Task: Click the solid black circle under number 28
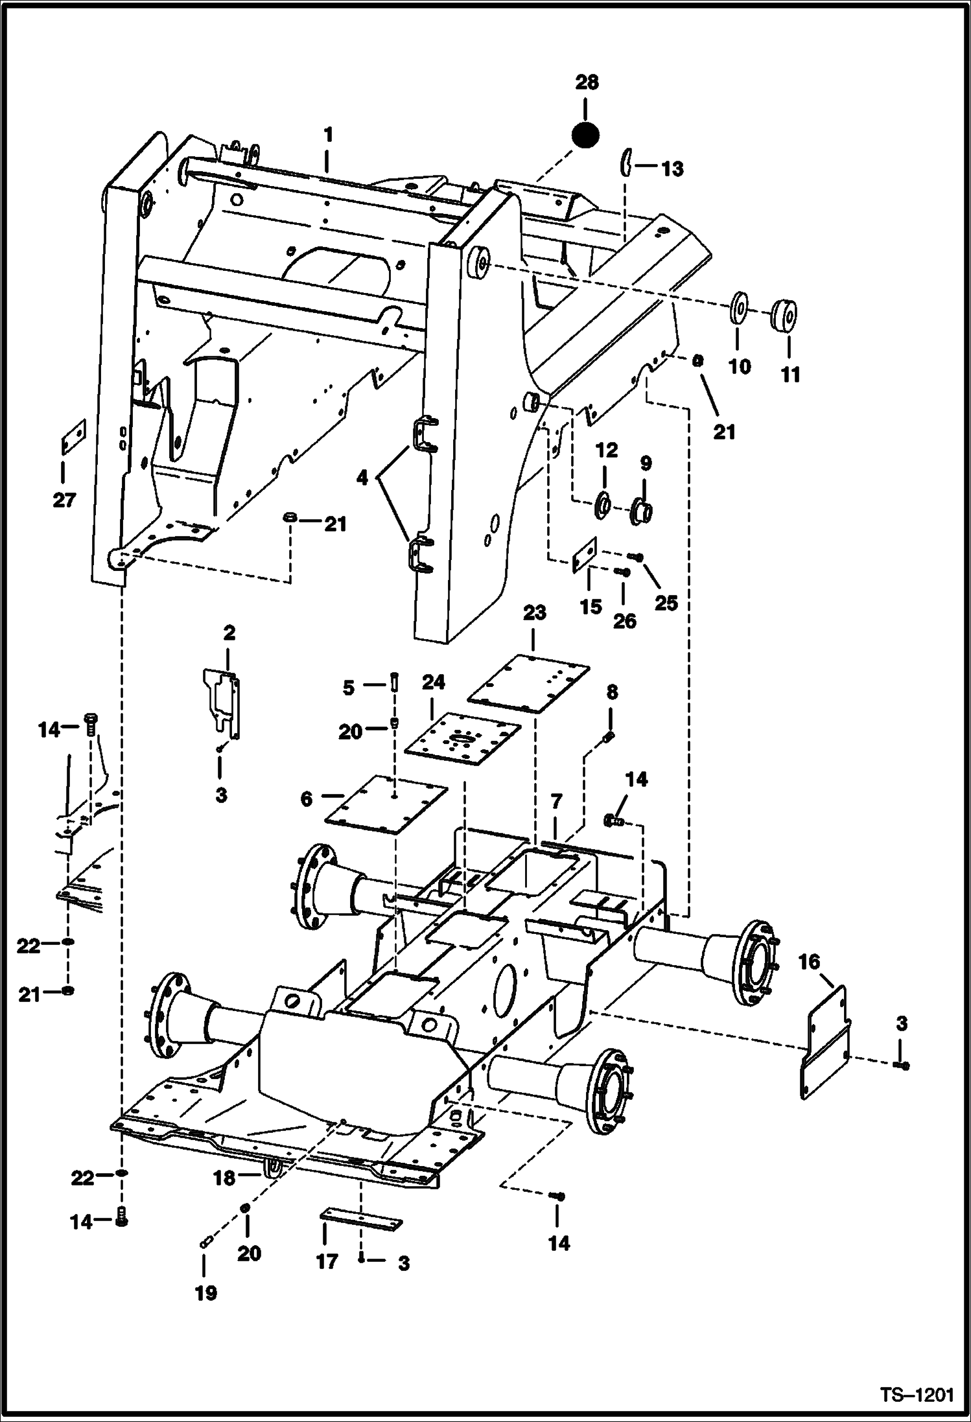[585, 135]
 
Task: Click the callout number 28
[586, 83]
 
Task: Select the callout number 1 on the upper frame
[328, 135]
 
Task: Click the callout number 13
[672, 169]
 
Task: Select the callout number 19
[206, 1293]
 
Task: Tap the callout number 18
[224, 1178]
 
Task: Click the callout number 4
[362, 478]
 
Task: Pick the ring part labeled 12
[603, 504]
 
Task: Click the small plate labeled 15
[585, 555]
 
